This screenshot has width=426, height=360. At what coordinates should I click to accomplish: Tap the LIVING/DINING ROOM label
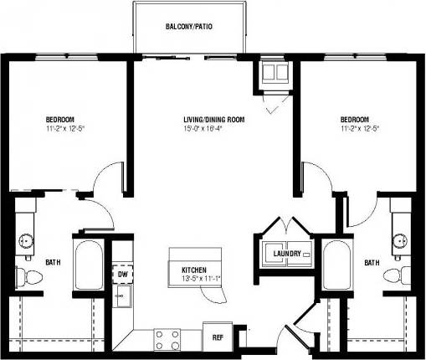click(213, 120)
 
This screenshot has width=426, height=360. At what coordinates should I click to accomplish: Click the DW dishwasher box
click(122, 274)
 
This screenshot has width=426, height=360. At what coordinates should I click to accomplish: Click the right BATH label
click(371, 263)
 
